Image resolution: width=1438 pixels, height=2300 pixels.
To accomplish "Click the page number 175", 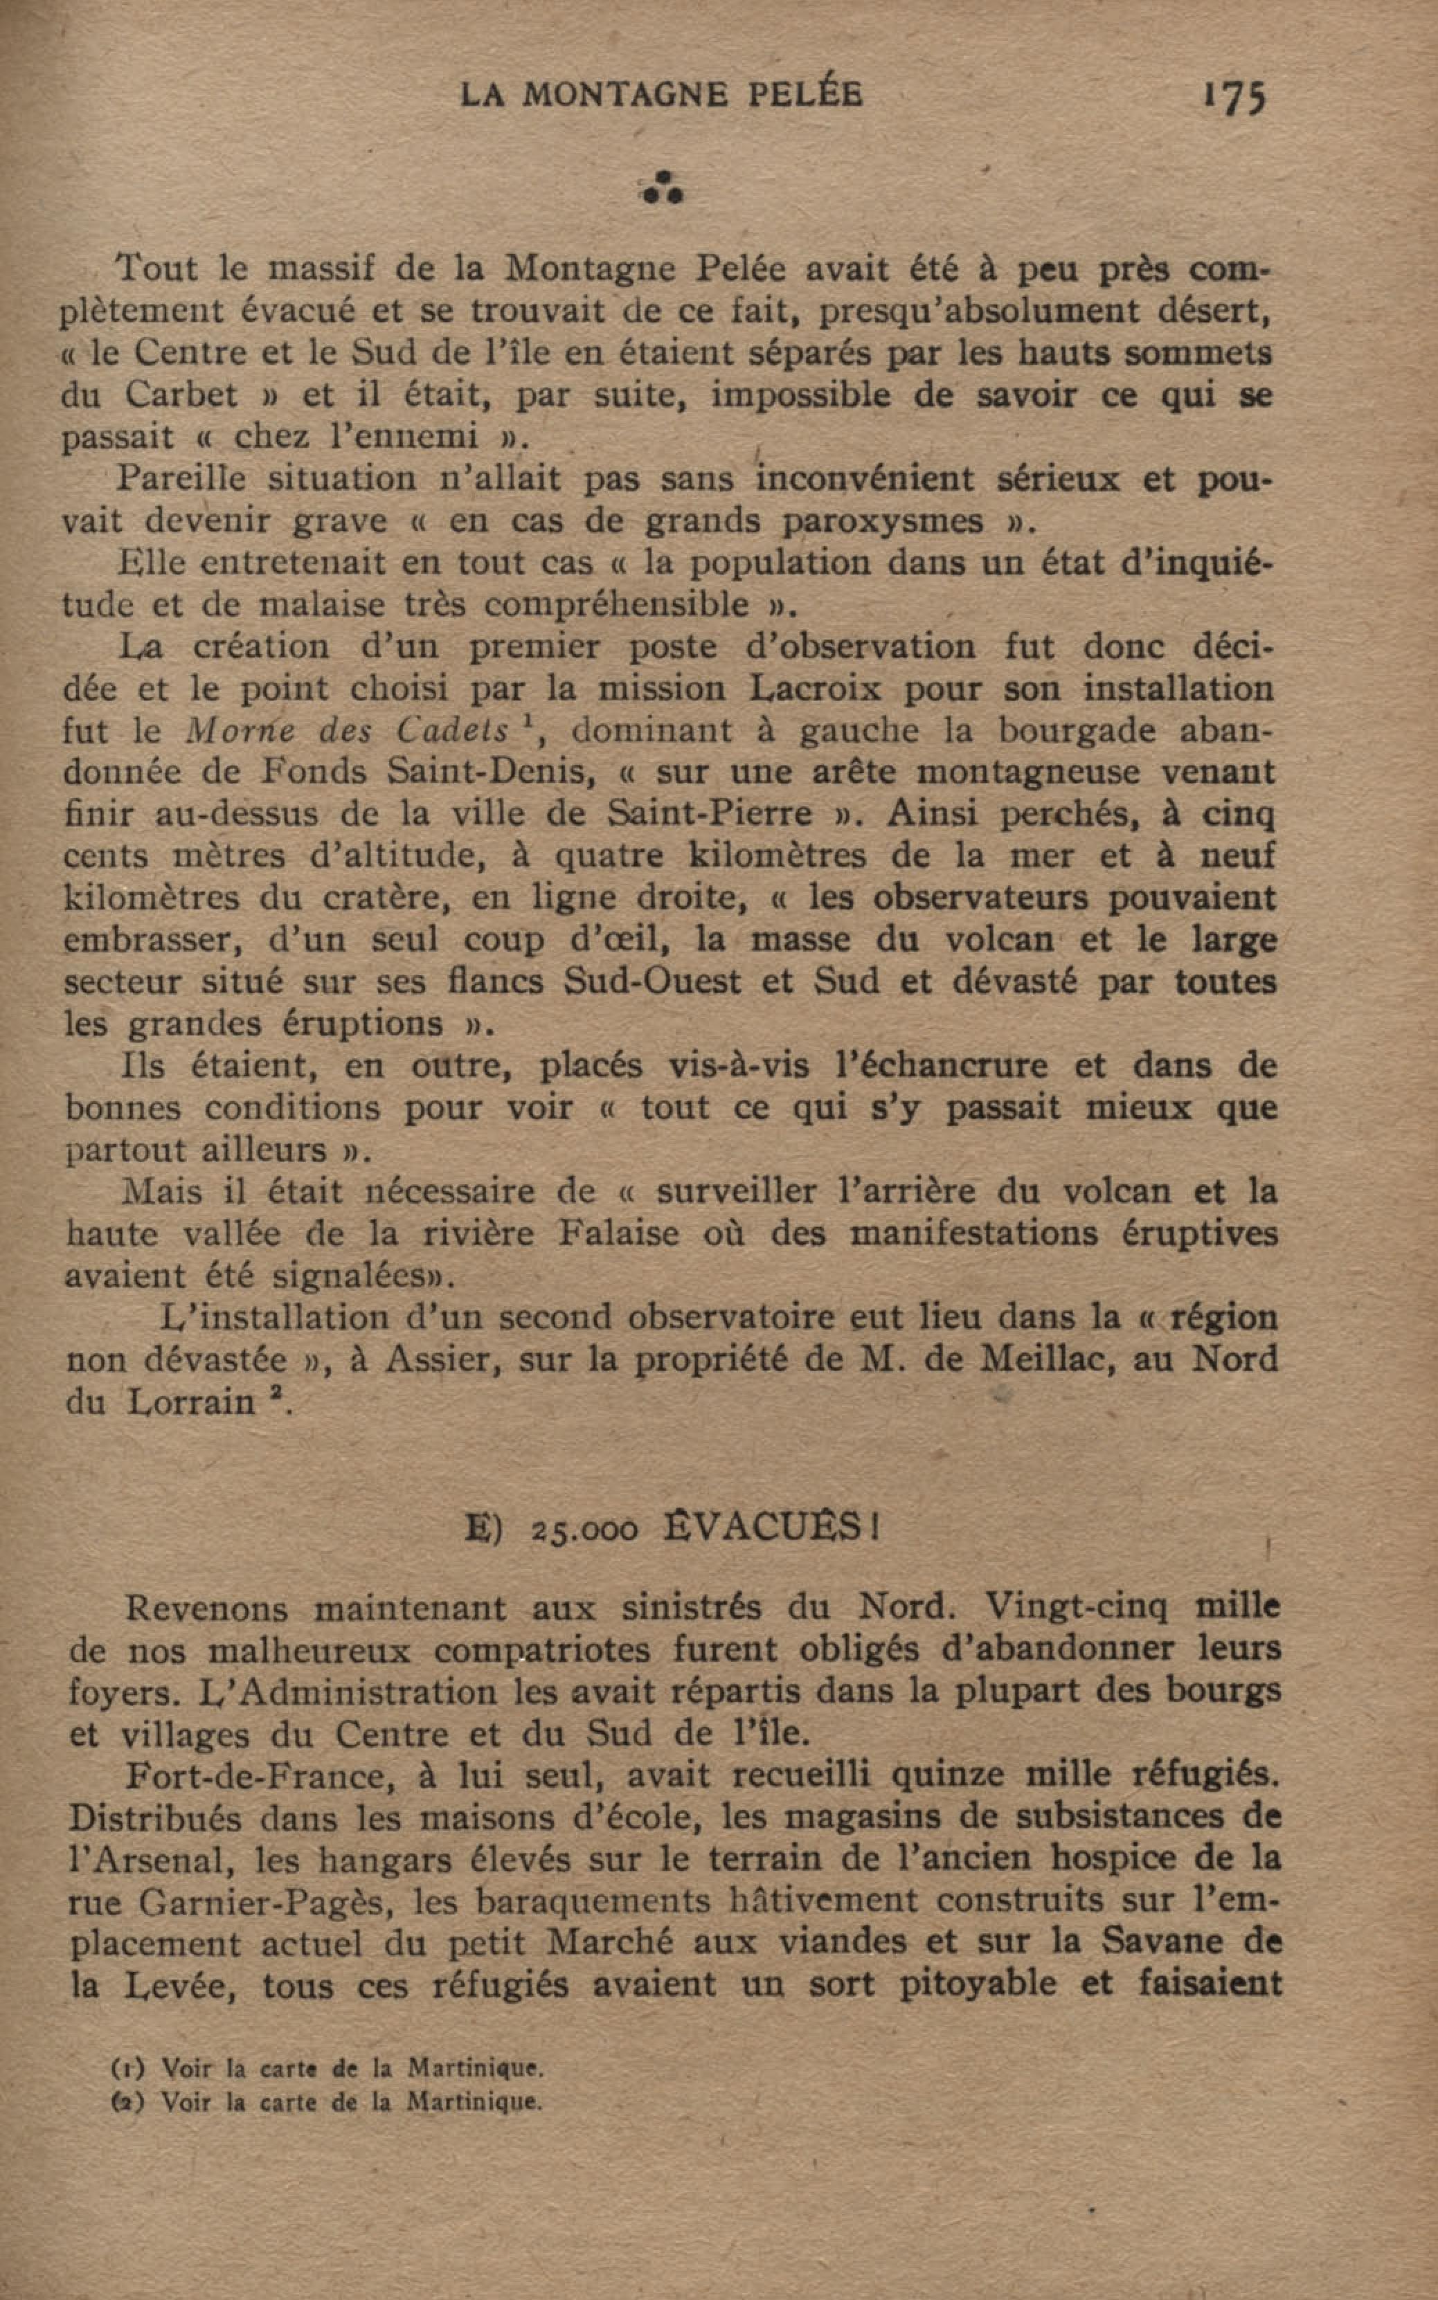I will click(x=1234, y=96).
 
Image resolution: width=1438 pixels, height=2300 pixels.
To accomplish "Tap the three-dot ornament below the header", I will click(x=663, y=188).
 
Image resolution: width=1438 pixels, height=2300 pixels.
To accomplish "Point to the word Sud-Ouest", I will click(x=651, y=981).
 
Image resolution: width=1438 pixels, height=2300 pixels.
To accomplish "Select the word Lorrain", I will click(x=191, y=1402).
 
